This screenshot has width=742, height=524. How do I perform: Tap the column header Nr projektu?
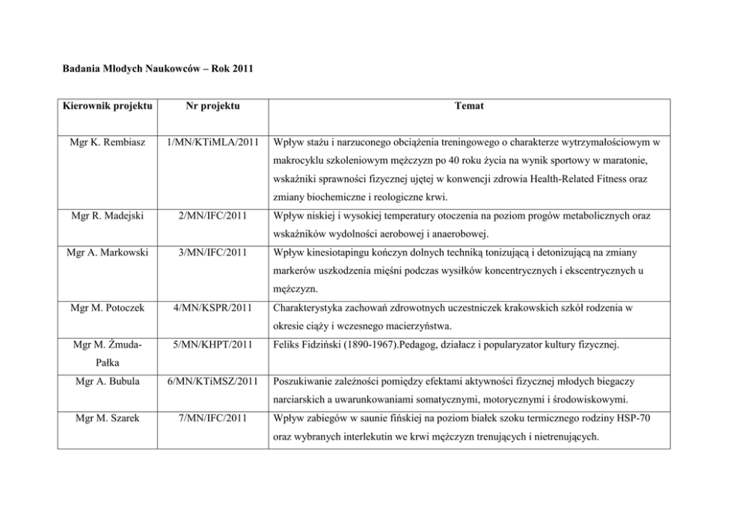[212, 106]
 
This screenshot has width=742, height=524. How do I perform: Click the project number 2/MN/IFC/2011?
[212, 217]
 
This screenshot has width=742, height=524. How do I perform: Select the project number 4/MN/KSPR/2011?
[212, 306]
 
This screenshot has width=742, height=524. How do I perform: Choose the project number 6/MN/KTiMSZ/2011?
[212, 380]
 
